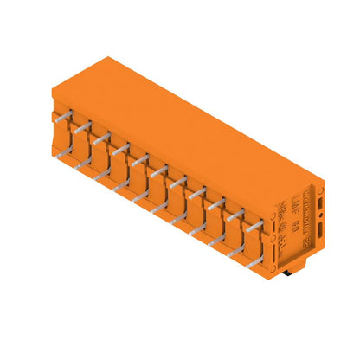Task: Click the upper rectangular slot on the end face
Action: click(x=319, y=203)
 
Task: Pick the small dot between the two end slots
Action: click(x=319, y=216)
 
